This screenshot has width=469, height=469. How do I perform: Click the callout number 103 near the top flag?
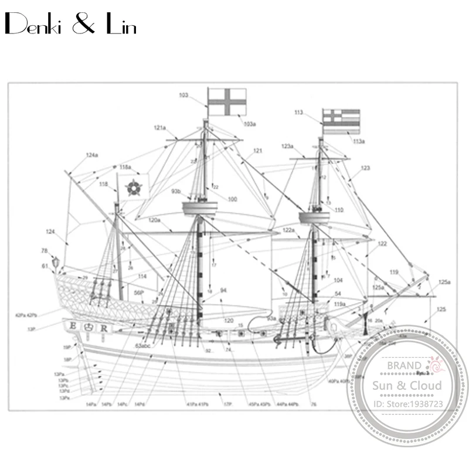tap(183, 95)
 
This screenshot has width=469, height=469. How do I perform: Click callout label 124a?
tap(92, 155)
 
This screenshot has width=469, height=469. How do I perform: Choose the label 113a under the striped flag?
tap(358, 141)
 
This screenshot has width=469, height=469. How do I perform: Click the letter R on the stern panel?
tap(103, 328)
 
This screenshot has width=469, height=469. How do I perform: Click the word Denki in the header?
tap(35, 27)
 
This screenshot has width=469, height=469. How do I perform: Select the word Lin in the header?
tap(120, 27)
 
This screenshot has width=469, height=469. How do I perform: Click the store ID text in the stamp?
tap(409, 405)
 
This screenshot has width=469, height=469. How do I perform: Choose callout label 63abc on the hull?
tap(142, 346)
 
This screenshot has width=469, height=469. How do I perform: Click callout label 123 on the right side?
tap(366, 168)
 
